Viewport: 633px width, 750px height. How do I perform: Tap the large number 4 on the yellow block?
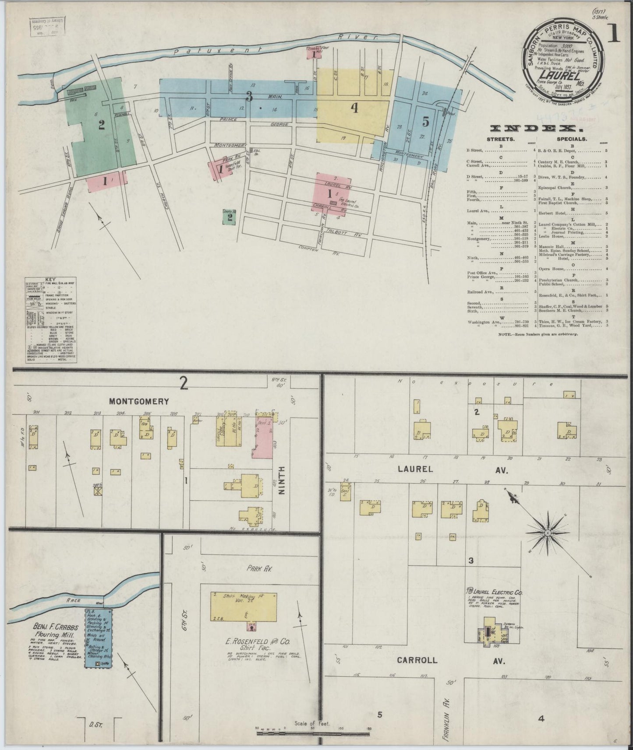click(354, 108)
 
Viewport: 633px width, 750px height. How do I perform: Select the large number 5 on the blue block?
click(425, 122)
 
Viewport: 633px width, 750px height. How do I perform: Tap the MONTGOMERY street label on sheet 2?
click(139, 401)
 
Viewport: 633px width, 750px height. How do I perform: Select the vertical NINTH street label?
click(282, 480)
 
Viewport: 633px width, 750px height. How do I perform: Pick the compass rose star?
click(547, 533)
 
